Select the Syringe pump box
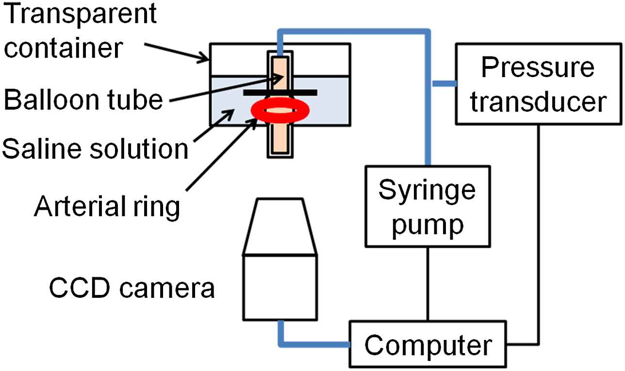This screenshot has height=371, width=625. [x=427, y=206]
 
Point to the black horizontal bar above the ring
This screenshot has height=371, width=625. [x=280, y=92]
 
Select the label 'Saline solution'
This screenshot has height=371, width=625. [x=95, y=149]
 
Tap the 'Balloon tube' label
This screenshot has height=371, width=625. [x=82, y=100]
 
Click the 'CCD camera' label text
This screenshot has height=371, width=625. [x=131, y=290]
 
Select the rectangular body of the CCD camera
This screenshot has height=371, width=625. [x=280, y=287]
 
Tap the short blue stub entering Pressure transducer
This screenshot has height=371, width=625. [x=443, y=83]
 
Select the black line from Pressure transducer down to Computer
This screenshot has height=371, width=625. [x=539, y=233]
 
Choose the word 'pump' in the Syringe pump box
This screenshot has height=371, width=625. [x=427, y=224]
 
